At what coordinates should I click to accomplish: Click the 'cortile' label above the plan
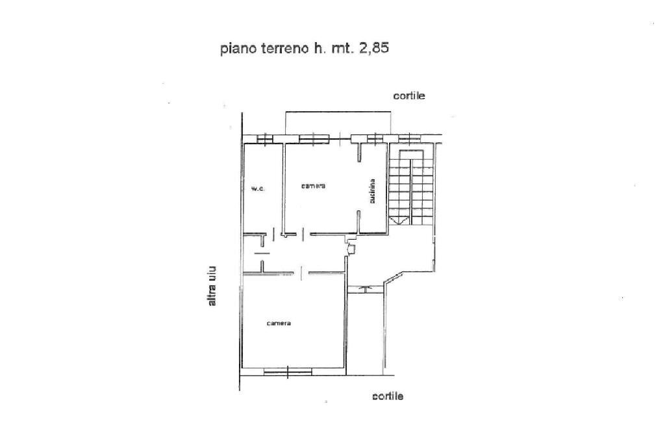pyautogui.click(x=409, y=95)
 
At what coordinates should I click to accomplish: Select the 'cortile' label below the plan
pyautogui.click(x=388, y=396)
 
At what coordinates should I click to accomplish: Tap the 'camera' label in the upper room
pyautogui.click(x=313, y=186)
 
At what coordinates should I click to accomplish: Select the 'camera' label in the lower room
pyautogui.click(x=279, y=323)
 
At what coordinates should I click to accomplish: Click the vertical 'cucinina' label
pyautogui.click(x=373, y=192)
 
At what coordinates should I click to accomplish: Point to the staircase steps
pyautogui.click(x=410, y=188)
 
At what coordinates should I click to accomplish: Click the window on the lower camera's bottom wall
pyautogui.click(x=288, y=372)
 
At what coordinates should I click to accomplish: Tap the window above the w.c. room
pyautogui.click(x=264, y=138)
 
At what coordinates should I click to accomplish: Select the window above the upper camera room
pyautogui.click(x=314, y=138)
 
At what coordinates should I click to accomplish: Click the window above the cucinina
pyautogui.click(x=375, y=138)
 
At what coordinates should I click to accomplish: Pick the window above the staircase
pyautogui.click(x=409, y=138)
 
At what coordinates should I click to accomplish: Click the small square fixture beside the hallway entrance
pyautogui.click(x=351, y=247)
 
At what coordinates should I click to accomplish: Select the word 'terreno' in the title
pyautogui.click(x=284, y=48)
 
